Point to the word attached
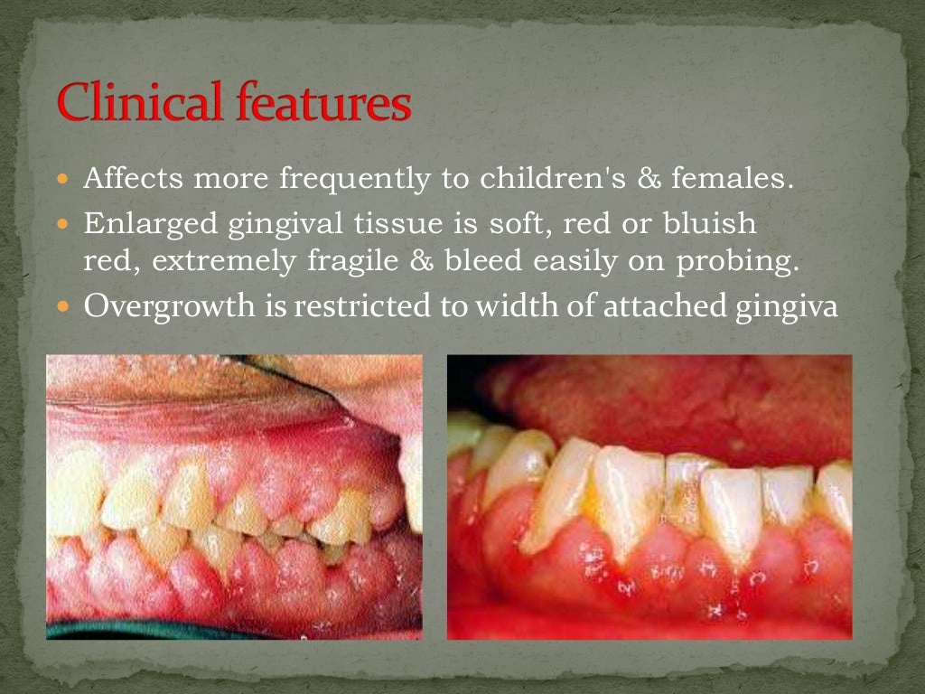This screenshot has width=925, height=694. tap(657, 306)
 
